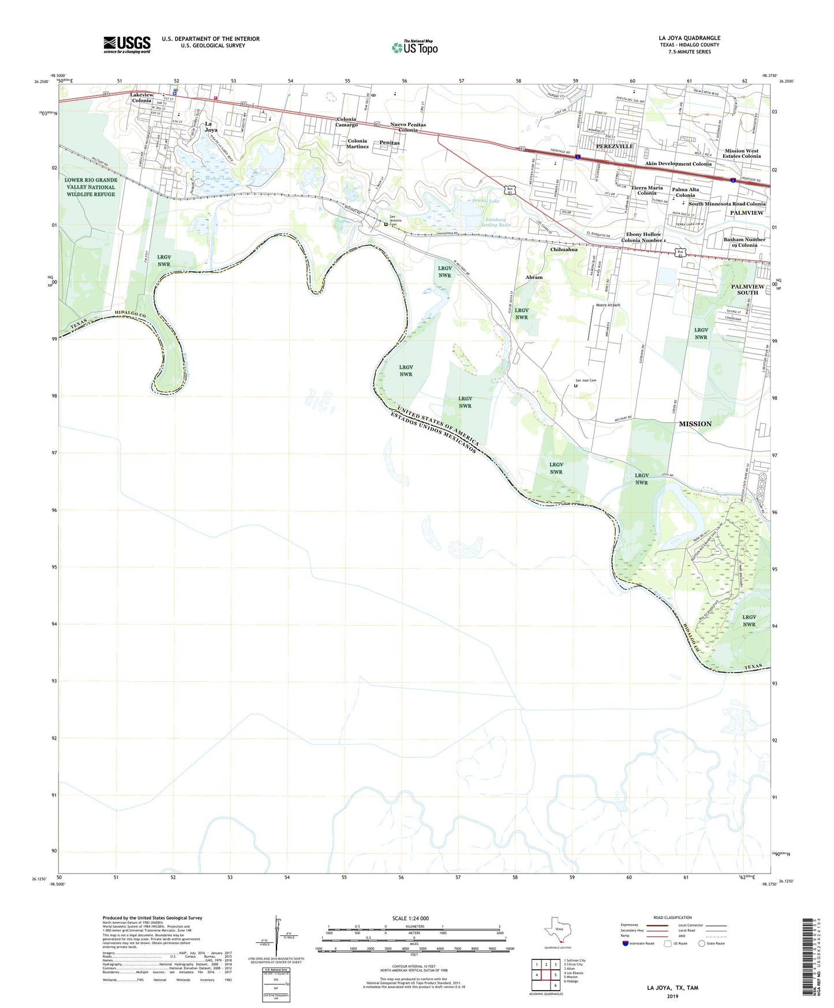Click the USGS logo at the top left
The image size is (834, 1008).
pos(127,44)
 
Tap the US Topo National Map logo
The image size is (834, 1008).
pos(414,47)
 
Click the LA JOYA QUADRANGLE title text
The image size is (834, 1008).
pos(689,38)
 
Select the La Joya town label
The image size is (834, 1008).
pos(211,127)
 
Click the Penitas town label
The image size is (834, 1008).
pos(390,143)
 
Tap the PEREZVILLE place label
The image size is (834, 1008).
pos(615,146)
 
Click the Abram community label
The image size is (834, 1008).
pos(534,277)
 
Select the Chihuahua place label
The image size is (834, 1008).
pos(564,249)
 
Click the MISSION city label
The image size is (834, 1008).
pos(695,424)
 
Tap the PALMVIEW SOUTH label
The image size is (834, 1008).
pos(747,289)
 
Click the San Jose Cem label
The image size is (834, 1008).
pos(585,380)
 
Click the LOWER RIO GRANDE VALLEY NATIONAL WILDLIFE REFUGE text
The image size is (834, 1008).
pos(91,187)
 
